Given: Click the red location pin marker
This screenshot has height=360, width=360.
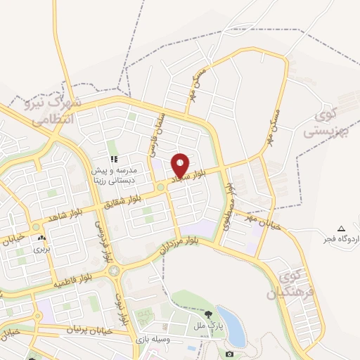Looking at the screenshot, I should click(180, 165).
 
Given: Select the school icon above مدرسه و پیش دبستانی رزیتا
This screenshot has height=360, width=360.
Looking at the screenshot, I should click(112, 159).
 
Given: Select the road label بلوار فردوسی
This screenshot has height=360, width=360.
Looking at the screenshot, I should click(103, 239).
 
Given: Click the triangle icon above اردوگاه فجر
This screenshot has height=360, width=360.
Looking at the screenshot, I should click(342, 229).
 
